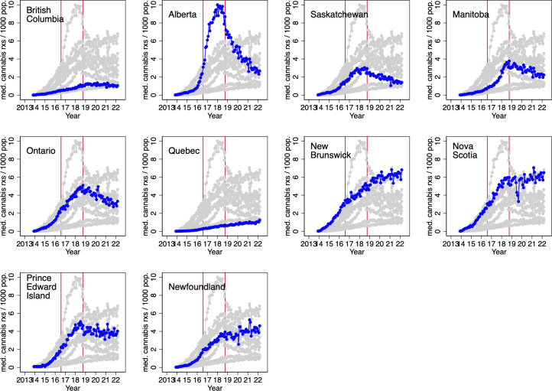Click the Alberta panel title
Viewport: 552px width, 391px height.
click(183, 15)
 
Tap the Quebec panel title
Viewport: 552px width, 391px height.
click(184, 151)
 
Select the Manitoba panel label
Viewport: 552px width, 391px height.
click(471, 15)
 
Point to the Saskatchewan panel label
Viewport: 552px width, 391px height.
click(339, 15)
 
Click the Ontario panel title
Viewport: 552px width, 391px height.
click(41, 151)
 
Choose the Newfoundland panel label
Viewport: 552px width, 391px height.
click(196, 287)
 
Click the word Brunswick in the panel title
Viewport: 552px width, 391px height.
click(330, 155)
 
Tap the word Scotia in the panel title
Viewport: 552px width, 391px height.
click(465, 155)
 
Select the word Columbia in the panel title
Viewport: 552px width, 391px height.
click(45, 19)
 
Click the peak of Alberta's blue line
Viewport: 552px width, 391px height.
click(217, 5)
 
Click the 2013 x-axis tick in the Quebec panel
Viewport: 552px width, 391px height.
click(167, 243)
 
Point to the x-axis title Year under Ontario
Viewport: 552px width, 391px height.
click(73, 252)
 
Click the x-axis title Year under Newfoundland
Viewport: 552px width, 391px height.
click(215, 388)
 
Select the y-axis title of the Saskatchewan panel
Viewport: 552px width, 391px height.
click(288, 49)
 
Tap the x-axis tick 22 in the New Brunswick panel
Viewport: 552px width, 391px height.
click(401, 243)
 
